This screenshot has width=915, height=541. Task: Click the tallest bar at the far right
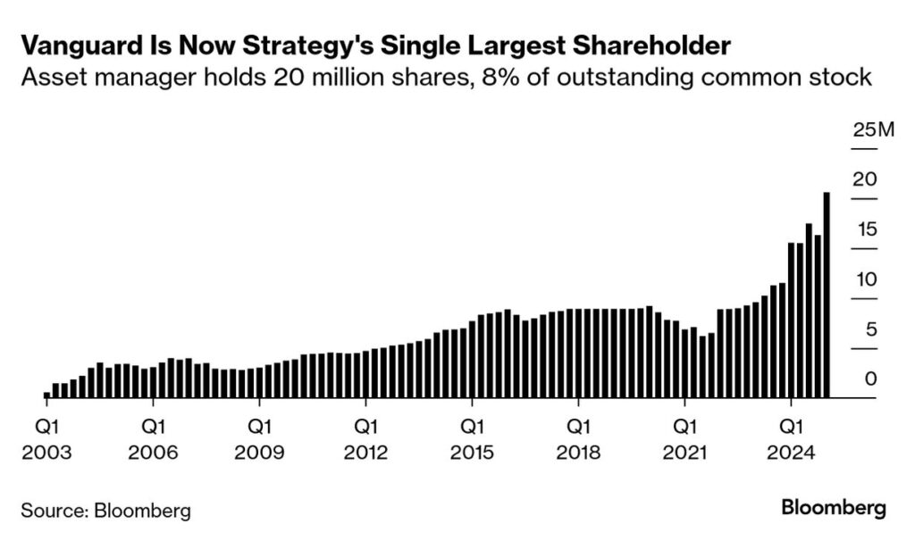(x=827, y=295)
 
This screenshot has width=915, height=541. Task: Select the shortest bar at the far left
(x=47, y=394)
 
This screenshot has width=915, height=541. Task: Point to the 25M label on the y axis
(x=873, y=131)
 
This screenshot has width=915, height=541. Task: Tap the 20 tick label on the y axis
(x=864, y=180)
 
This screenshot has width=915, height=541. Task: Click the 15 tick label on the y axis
(x=864, y=230)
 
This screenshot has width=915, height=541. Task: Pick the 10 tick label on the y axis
(x=864, y=280)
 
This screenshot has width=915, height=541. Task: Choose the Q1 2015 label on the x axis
(x=472, y=438)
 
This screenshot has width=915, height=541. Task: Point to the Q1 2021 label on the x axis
(x=684, y=438)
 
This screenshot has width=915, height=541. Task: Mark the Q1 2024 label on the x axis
(x=791, y=438)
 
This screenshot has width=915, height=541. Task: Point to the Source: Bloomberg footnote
(x=105, y=511)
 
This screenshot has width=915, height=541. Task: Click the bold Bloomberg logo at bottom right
(x=833, y=509)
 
